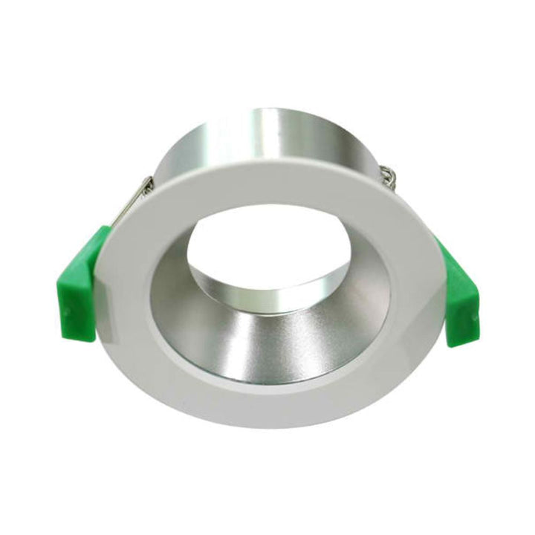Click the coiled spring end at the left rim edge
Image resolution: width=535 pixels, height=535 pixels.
(x=146, y=186)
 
